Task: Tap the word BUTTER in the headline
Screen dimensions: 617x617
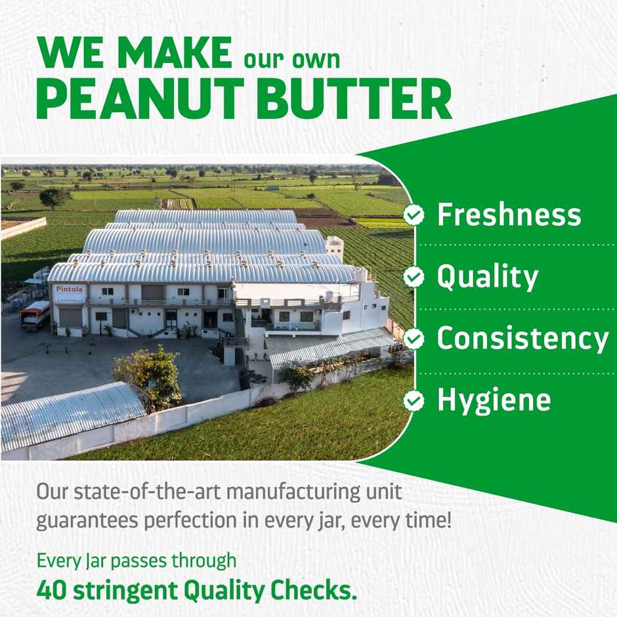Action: tap(354, 100)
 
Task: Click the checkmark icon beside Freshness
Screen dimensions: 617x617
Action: tap(414, 215)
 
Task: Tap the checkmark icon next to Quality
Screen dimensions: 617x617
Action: tap(414, 278)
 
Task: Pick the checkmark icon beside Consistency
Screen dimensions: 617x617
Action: tap(414, 339)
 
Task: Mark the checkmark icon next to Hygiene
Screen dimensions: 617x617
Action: tap(414, 400)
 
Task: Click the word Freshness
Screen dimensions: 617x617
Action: tap(509, 215)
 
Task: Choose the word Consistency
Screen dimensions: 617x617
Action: tap(522, 339)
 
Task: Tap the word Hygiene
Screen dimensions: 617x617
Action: tap(494, 400)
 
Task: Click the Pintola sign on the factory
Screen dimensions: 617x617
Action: tap(70, 289)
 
